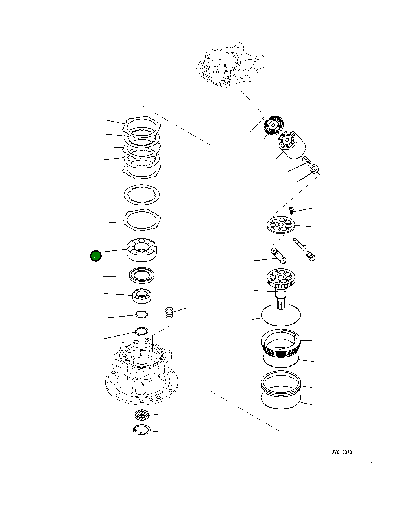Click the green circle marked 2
[95, 256]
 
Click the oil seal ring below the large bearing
[141, 275]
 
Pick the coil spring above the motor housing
[169, 313]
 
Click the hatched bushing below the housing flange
[141, 415]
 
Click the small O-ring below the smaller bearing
[141, 314]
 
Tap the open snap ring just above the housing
[141, 331]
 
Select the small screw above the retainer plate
[291, 210]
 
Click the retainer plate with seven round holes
[281, 225]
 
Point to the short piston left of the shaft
[278, 255]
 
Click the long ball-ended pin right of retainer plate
[304, 249]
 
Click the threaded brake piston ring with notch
[281, 344]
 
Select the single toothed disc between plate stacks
[142, 194]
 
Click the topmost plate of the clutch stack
[142, 126]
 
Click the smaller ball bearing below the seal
[142, 295]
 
